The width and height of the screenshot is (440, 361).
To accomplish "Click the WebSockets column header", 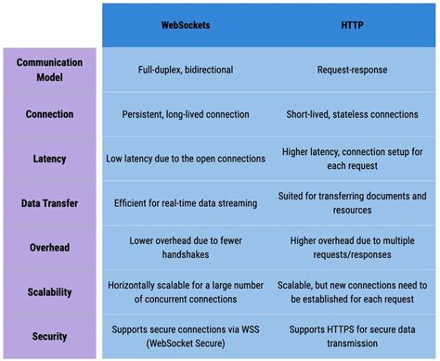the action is (x=186, y=25).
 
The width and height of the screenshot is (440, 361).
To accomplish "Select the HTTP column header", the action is (x=352, y=25).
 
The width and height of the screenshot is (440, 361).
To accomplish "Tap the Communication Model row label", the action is (x=49, y=70).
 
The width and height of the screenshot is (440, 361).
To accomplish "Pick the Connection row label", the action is (x=49, y=114).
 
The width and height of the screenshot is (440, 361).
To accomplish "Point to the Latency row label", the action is (x=49, y=159).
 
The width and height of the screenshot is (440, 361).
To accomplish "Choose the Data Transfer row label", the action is (x=49, y=203).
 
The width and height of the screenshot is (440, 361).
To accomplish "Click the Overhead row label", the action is (x=49, y=248).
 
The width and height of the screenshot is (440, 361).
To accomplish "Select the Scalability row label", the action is (x=49, y=292).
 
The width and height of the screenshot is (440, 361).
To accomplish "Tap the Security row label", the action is (x=49, y=336).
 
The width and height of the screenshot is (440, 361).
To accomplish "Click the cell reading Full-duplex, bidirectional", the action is (x=186, y=70).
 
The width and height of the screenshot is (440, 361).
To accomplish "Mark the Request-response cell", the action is (x=352, y=70).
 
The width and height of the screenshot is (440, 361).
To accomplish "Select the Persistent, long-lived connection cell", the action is (x=186, y=114).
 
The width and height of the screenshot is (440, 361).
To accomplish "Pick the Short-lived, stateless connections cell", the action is (x=352, y=114).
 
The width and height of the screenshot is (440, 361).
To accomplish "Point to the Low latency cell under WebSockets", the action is (x=186, y=159).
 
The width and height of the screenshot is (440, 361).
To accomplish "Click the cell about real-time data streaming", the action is (x=186, y=203).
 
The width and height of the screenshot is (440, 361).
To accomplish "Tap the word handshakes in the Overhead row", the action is (x=186, y=254).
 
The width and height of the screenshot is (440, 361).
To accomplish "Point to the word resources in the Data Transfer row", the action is (x=352, y=210).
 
